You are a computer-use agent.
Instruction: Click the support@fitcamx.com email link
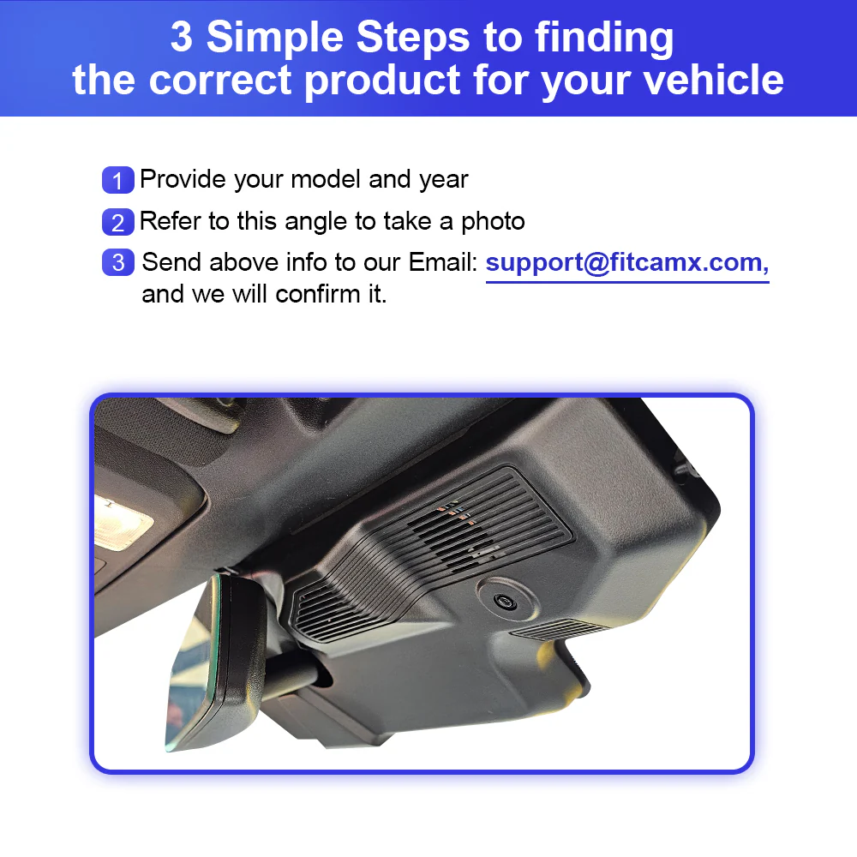coord(626,263)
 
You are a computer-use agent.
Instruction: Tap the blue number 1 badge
coord(117,180)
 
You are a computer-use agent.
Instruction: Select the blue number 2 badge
coord(117,222)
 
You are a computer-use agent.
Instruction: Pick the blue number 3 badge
coord(117,262)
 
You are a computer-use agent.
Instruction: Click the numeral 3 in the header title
coord(182,37)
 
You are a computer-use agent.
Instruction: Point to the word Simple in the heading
coord(275,39)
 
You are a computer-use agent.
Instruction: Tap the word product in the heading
coord(382,81)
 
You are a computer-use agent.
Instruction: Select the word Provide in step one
coord(183,179)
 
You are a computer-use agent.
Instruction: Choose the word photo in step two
coord(493,222)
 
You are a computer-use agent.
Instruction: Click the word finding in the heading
coord(604,39)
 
